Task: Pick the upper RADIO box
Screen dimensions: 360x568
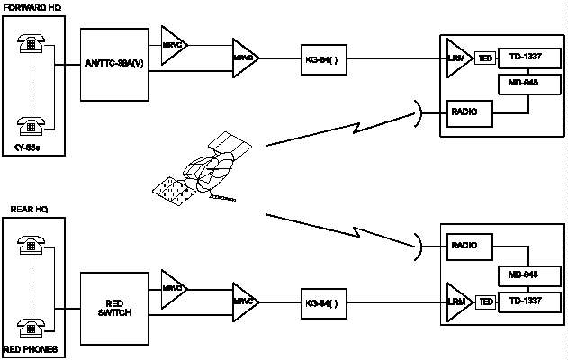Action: click(x=469, y=113)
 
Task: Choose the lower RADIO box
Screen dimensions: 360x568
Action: click(x=469, y=244)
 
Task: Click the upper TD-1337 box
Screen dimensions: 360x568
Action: click(x=525, y=58)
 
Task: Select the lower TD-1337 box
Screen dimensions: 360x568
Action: click(x=525, y=301)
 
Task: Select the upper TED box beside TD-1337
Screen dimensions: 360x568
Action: click(x=485, y=58)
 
